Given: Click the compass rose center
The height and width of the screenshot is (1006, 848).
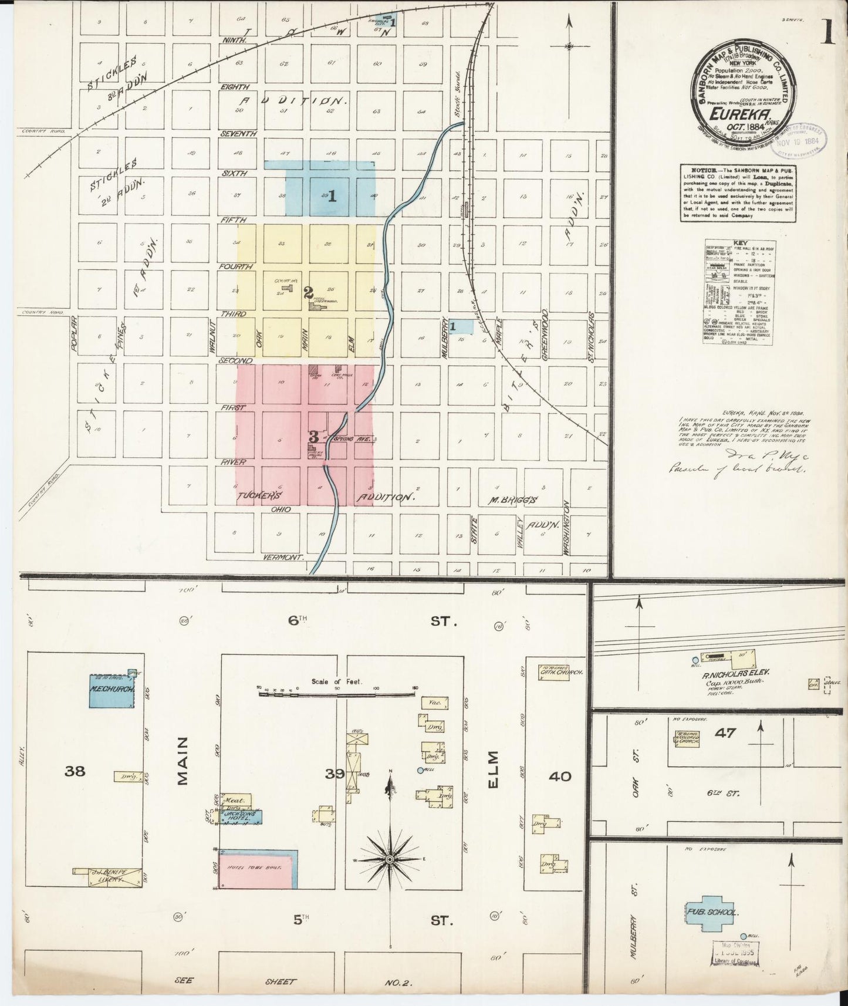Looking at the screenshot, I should [390, 860].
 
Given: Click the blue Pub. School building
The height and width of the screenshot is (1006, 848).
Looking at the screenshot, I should [710, 913].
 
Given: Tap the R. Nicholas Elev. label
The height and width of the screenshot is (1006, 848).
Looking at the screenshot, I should [736, 676].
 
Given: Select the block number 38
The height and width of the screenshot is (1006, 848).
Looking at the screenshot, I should [75, 771].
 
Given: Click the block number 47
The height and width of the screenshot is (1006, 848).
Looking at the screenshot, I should [725, 732].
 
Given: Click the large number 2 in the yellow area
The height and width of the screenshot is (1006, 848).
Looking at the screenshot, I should [308, 292].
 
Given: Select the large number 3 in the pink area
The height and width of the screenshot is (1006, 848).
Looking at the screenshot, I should [314, 437].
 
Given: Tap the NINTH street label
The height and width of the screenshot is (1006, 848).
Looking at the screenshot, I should [234, 40].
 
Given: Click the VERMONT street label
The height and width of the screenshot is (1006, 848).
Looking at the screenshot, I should [282, 557].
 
